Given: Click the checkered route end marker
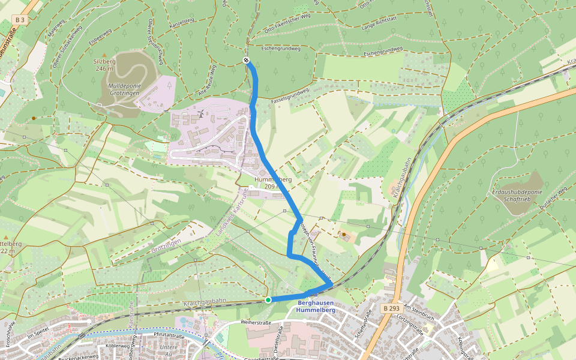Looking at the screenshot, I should [x=247, y=60].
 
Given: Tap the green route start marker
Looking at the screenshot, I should [x=268, y=299].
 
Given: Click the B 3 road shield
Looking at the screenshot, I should [x=20, y=20].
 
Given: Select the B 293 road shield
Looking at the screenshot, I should [x=391, y=308].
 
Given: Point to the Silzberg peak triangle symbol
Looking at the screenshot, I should [x=103, y=55].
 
